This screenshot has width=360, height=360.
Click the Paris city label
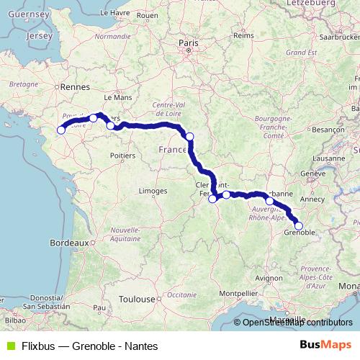[188, 43]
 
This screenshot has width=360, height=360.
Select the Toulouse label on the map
[137, 298]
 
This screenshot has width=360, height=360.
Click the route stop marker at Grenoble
[299, 226]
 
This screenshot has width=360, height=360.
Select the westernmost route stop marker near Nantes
[61, 130]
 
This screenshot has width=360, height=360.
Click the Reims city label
[244, 35]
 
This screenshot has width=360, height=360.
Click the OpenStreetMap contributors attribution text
[297, 323]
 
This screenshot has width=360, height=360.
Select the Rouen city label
[147, 14]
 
